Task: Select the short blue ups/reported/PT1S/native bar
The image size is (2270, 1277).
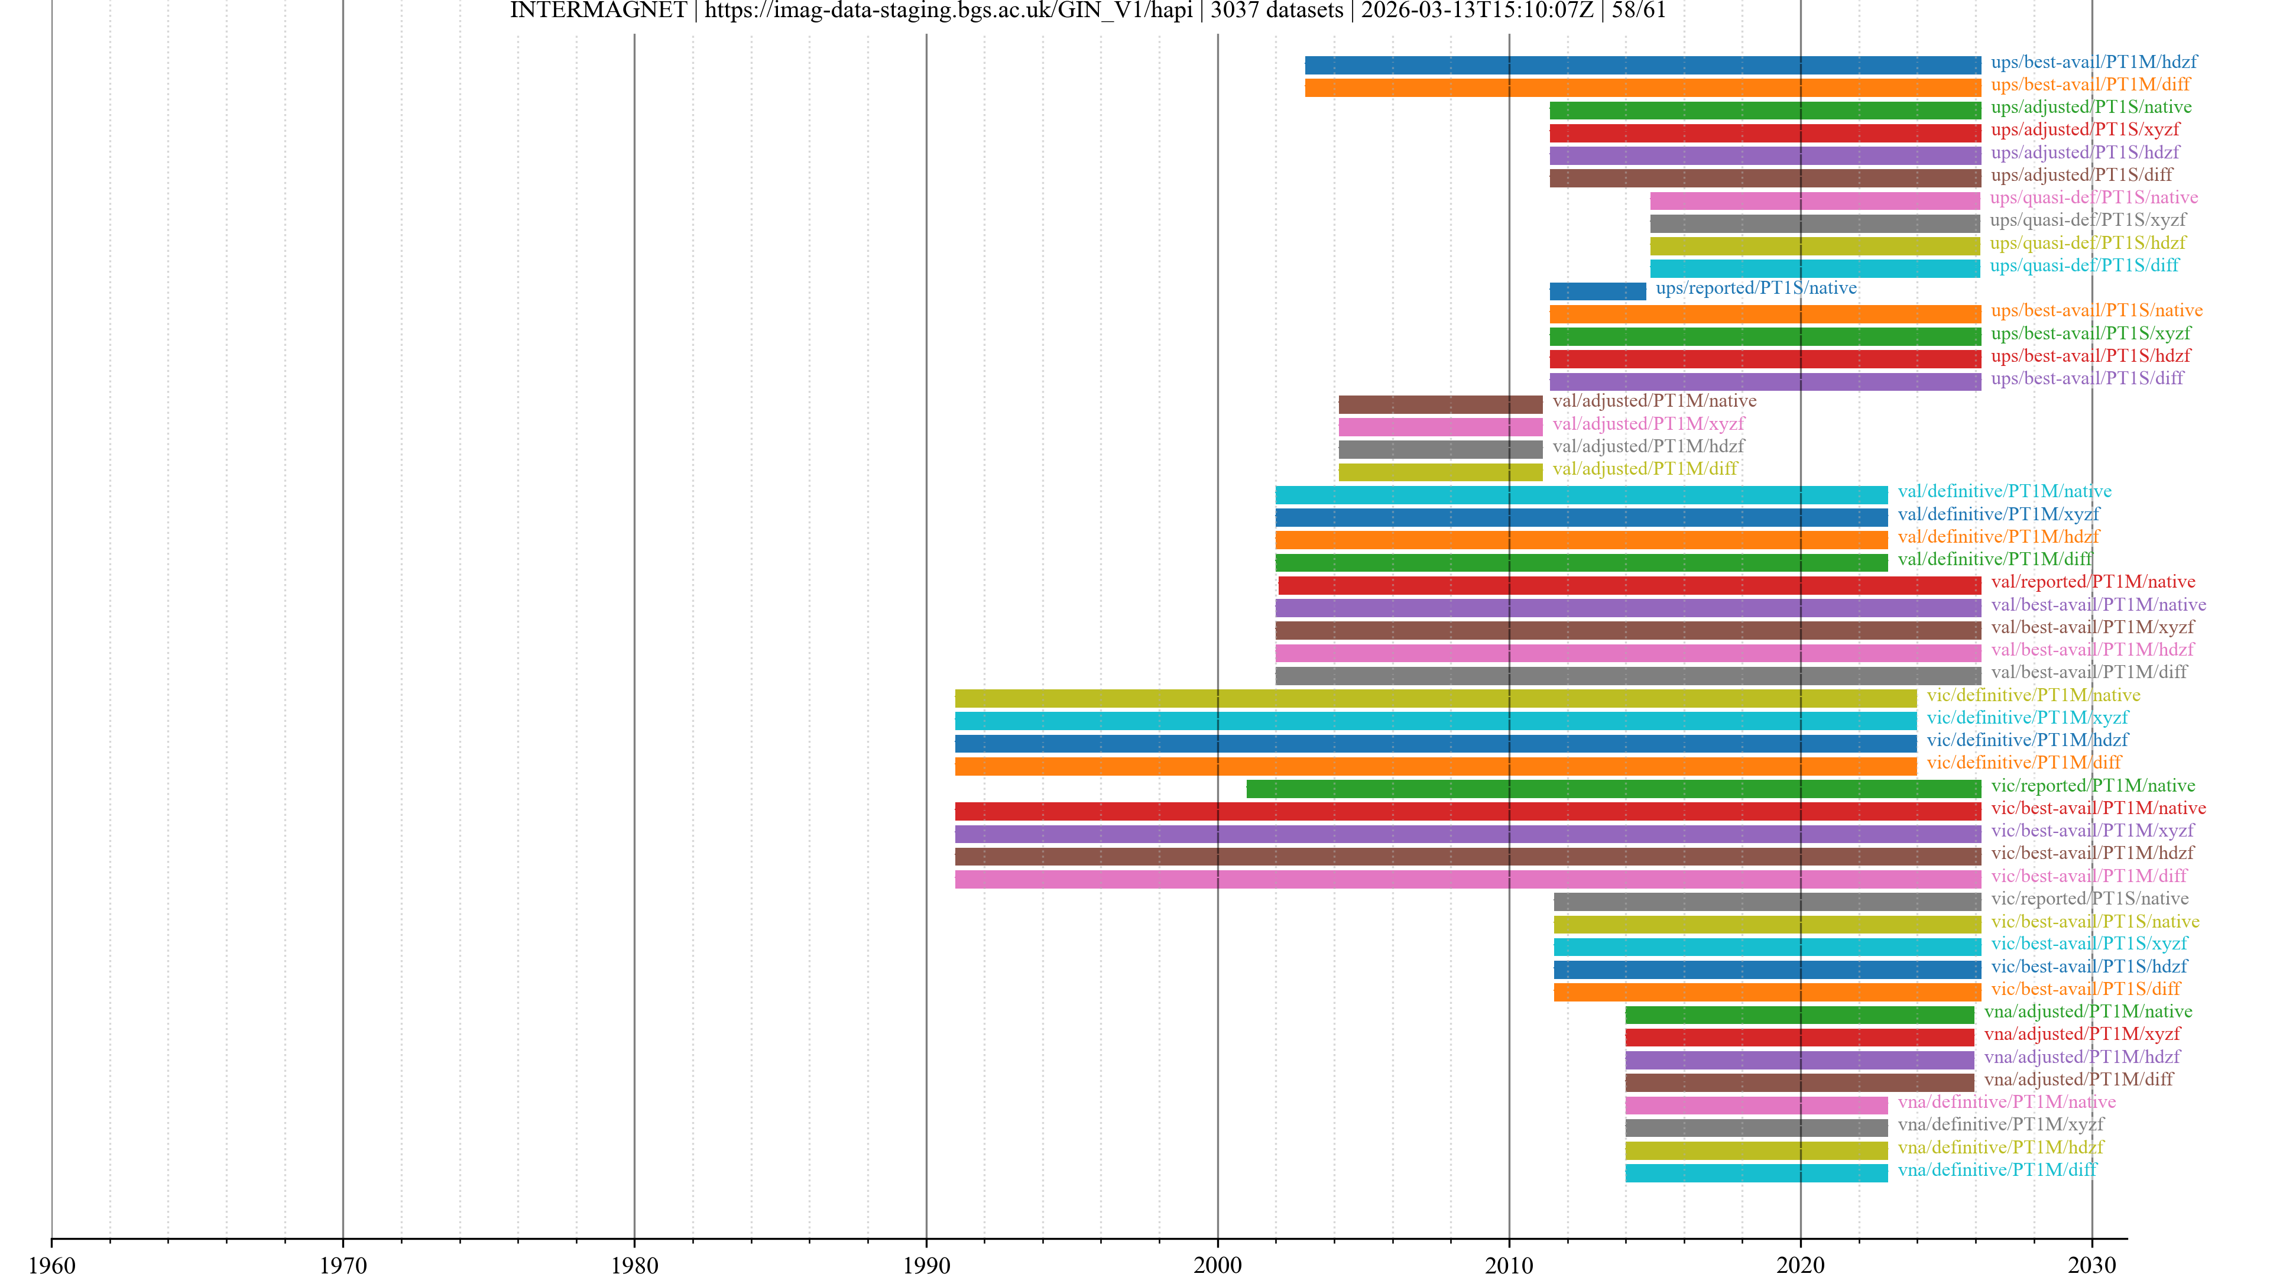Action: [1597, 291]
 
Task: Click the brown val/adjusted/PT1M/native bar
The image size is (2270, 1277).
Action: [1440, 404]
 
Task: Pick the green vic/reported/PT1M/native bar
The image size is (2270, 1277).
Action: [1613, 788]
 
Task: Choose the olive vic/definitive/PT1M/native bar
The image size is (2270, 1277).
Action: [1435, 698]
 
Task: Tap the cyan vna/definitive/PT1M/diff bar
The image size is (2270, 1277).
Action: [1756, 1172]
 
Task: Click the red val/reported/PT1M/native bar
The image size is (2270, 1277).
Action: [1629, 584]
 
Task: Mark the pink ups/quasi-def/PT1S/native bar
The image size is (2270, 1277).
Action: [1814, 200]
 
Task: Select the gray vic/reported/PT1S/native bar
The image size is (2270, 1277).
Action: [1767, 900]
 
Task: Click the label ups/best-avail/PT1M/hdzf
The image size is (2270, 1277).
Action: [2093, 61]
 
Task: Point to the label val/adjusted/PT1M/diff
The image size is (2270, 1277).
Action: [1645, 468]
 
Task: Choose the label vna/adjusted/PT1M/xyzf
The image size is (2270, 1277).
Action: [2081, 1034]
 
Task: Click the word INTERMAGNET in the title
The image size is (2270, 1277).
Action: [598, 11]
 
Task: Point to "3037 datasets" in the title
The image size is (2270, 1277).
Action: [1276, 11]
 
